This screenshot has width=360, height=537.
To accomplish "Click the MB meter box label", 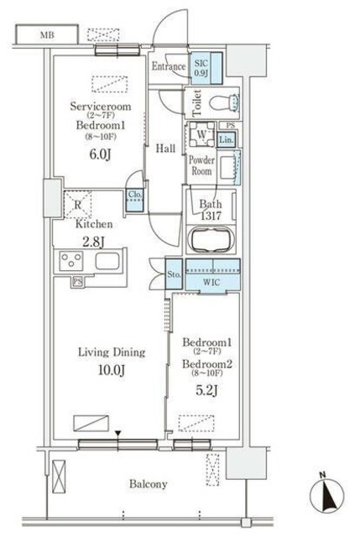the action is tap(47, 35).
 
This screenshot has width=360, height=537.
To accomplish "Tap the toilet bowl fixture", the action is tap(224, 102).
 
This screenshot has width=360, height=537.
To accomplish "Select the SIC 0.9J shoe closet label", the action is tap(201, 68).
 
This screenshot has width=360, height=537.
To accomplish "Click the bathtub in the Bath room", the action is tap(211, 238).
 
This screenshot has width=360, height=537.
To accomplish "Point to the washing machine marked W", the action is tap(201, 134).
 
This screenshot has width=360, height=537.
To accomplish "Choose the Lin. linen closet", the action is tap(226, 139).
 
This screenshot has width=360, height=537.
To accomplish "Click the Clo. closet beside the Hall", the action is tap(135, 200).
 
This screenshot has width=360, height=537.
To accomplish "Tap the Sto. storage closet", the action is tap(174, 274).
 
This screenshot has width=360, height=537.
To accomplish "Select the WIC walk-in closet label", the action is tap(211, 283).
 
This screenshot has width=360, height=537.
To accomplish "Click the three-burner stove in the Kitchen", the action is tap(71, 261).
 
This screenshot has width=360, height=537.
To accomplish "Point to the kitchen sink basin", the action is tap(107, 261).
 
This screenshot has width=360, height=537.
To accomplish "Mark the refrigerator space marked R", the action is tap(78, 205).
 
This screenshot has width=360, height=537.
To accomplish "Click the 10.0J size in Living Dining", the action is tap(112, 370).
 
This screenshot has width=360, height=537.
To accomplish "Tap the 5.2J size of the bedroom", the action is tap(206, 390).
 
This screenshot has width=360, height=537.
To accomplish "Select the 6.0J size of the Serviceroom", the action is tap(100, 154).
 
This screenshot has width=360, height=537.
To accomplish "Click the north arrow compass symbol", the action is tap(326, 495).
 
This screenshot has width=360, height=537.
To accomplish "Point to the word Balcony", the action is tap(149, 484).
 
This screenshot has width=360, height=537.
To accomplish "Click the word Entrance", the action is tap(169, 66).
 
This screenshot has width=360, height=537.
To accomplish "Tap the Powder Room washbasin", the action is tap(227, 168).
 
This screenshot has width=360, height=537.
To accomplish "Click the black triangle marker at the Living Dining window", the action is tap(117, 434).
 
